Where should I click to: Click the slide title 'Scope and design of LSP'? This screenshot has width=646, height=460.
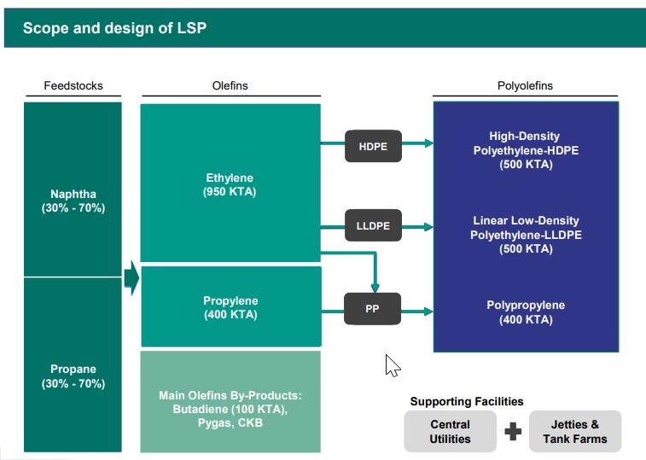114,28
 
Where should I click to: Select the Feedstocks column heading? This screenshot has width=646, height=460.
73,86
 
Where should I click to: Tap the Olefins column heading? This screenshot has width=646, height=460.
230,86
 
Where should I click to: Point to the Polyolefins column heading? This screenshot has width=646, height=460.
525,86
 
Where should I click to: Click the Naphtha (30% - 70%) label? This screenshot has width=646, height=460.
73,201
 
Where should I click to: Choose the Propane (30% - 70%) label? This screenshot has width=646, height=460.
73,376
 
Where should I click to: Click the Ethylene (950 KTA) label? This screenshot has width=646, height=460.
229,185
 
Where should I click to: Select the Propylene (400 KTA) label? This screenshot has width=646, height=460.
230,308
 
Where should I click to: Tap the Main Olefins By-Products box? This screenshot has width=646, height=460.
230,409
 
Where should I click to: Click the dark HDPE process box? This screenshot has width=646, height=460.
373,147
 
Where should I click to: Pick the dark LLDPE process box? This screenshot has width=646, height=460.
373,226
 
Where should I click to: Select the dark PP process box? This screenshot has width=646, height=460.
372,309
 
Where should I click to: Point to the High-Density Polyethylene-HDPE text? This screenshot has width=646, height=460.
526,150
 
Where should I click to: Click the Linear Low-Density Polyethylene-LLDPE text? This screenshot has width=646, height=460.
526,235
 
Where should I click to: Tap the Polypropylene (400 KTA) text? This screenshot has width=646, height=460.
526,312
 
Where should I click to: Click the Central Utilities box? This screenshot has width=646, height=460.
450,431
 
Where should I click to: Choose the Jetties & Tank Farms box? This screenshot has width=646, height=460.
575,431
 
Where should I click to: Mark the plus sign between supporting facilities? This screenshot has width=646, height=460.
513,432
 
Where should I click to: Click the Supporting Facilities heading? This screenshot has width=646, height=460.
467,401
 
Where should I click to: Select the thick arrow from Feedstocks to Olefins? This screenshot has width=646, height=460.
131,278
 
